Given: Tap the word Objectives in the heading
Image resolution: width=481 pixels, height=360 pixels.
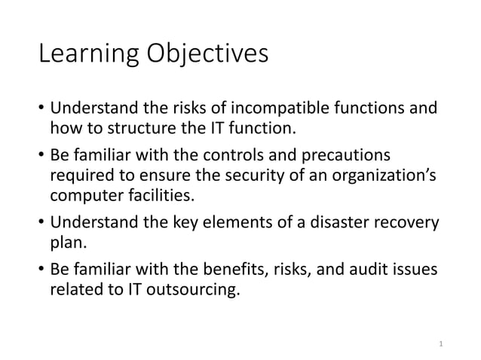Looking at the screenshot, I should coord(209,55).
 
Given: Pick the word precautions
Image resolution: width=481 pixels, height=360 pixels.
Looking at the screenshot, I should coord(349,157).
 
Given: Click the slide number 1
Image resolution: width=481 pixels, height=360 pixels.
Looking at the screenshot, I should coord(441,344).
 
